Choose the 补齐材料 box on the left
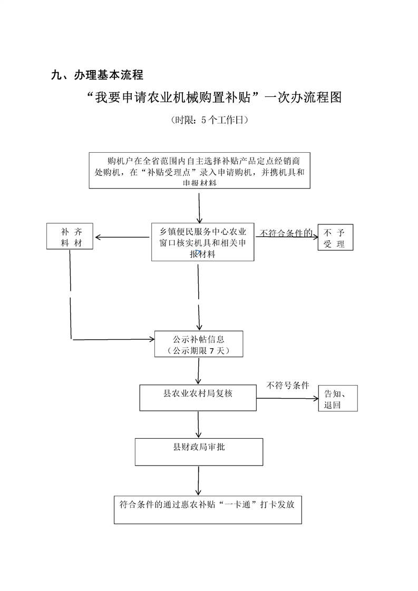(x=70, y=237)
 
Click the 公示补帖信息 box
(x=199, y=344)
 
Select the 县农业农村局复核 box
(x=198, y=398)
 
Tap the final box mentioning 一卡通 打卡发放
(x=208, y=509)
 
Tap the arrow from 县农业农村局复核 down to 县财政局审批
(x=199, y=425)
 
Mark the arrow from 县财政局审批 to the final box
(x=199, y=480)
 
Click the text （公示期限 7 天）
(x=198, y=350)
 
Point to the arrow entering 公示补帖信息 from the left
(x=113, y=339)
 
